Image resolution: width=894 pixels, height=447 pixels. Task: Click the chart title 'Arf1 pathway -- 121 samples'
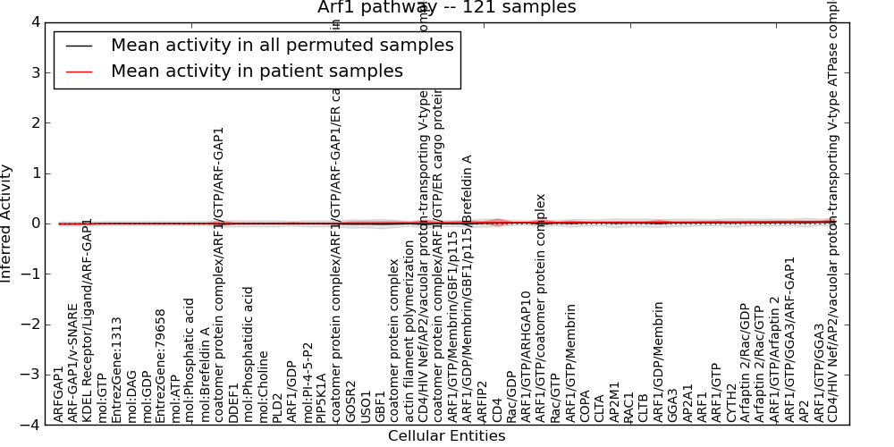(446, 8)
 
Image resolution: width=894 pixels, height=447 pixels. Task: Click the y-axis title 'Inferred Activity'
(7, 223)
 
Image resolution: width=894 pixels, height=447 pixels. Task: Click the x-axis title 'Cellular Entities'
(446, 436)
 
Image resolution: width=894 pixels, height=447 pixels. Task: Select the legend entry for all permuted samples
(282, 46)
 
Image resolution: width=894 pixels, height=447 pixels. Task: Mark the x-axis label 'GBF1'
(380, 406)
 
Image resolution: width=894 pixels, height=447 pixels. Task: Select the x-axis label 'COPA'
(585, 406)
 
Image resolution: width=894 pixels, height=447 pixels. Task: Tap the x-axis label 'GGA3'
(672, 406)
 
